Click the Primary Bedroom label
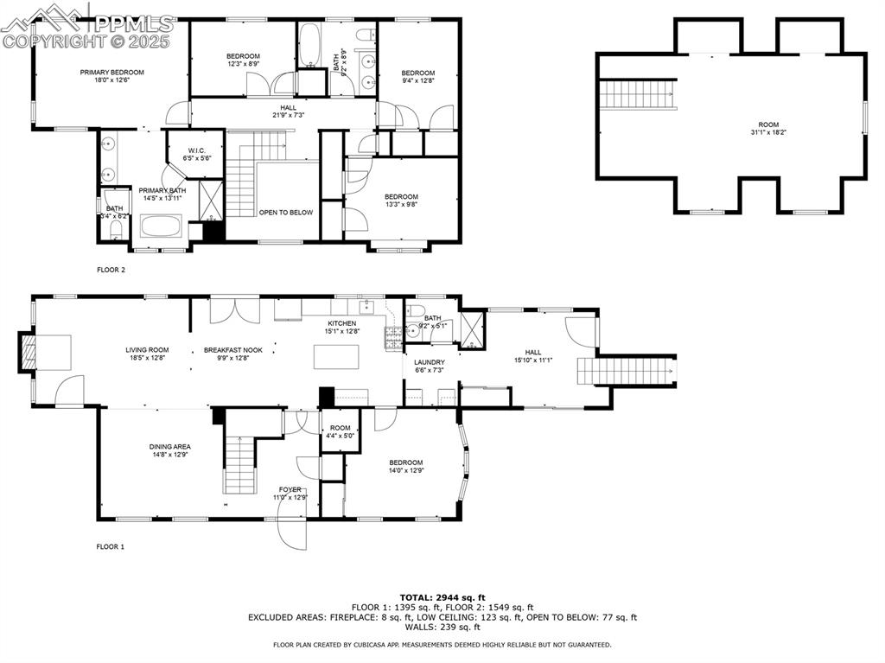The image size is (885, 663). click(111, 76)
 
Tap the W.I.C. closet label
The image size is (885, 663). click(196, 154)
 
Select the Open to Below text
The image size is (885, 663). click(285, 212)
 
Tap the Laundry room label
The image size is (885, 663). click(430, 367)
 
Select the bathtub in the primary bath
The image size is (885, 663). click(162, 228)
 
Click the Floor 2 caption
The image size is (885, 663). click(111, 270)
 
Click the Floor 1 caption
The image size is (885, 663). click(111, 546)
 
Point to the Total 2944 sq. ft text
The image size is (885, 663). click(442, 597)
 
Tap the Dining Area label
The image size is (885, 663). click(170, 450)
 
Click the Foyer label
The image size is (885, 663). click(290, 493)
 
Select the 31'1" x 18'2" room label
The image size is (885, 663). click(767, 128)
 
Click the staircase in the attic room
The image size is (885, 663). click(638, 92)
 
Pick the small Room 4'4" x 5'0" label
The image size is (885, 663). click(340, 431)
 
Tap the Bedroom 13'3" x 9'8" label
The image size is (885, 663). click(401, 201)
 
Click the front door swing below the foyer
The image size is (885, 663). click(292, 532)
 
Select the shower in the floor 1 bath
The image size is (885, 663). click(472, 329)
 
